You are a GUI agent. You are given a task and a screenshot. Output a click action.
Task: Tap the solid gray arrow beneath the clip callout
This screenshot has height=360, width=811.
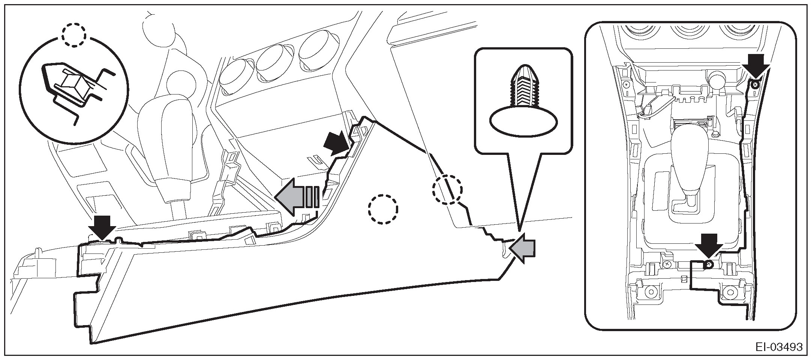point(523,249)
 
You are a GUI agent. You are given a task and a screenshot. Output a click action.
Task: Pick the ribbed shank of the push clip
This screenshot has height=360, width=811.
point(523,88)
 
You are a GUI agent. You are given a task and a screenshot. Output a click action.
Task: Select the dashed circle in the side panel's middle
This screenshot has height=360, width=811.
point(382,209)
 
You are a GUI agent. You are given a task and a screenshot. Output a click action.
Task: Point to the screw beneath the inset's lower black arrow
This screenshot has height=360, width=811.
point(708,265)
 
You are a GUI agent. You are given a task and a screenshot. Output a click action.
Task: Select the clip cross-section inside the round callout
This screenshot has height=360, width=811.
point(73,90)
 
